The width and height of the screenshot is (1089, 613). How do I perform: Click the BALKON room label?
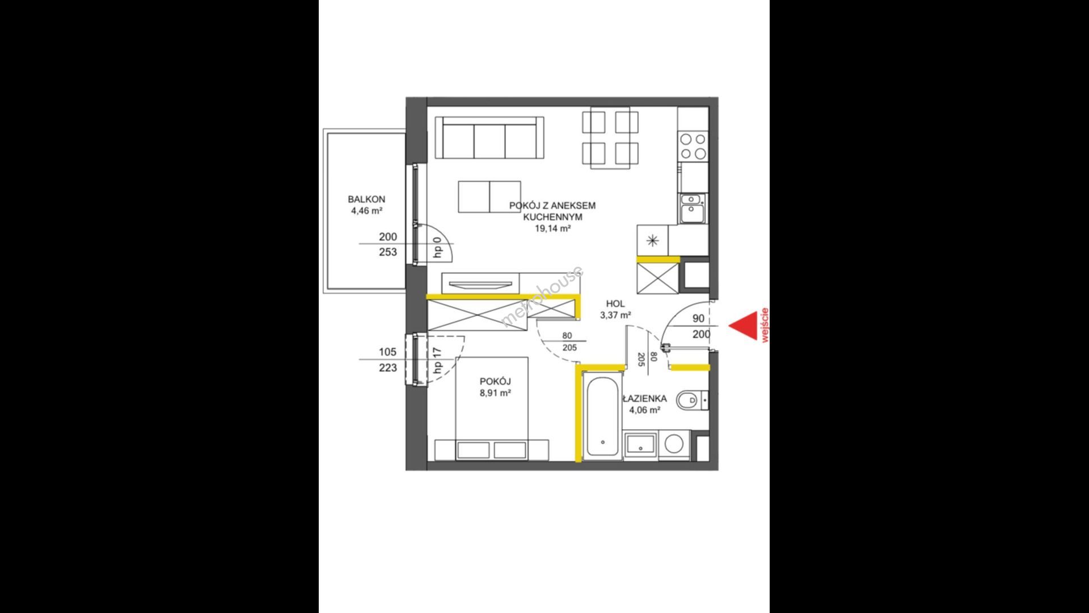(366, 199)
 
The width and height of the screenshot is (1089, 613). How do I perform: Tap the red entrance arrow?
(743, 326)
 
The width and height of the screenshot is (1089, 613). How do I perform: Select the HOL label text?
(615, 304)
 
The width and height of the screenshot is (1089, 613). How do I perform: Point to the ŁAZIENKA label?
(644, 398)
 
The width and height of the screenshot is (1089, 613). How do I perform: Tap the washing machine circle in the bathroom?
(674, 444)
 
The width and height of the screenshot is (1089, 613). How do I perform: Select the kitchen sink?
(692, 208)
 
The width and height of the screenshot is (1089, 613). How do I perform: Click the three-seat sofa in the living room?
(489, 138)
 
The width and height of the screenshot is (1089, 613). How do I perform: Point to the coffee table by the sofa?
(489, 197)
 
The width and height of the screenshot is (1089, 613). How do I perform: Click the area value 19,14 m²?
(552, 228)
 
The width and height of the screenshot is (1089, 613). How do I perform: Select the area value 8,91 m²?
(495, 392)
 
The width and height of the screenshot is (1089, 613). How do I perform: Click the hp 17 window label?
(437, 360)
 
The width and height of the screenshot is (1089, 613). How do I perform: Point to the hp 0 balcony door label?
(437, 247)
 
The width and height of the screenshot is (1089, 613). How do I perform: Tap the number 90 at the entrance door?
(698, 319)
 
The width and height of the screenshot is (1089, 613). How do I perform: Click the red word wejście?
(765, 325)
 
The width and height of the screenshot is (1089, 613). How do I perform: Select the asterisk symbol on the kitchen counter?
(653, 241)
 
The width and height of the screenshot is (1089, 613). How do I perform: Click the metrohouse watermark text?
(543, 297)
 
